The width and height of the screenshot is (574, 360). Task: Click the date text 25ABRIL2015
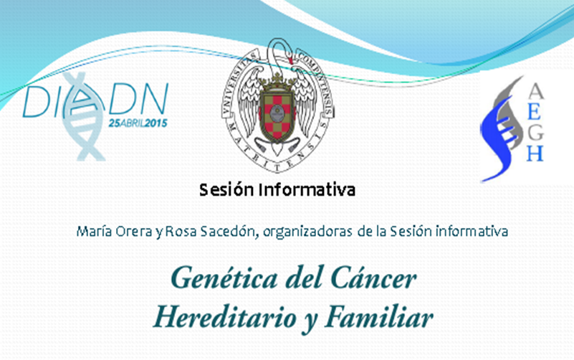pos(138,123)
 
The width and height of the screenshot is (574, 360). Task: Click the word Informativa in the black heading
pos(307,190)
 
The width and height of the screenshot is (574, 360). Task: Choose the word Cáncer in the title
pos(373,279)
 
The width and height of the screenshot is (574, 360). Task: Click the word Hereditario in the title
pos(225,317)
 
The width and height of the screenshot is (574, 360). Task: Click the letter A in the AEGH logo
pos(535,91)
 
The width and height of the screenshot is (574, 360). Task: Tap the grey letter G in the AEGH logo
pos(535,132)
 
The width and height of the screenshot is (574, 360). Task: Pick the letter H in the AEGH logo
pos(535,153)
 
